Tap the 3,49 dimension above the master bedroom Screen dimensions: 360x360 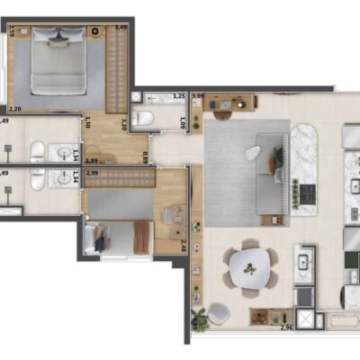[x=121, y=28]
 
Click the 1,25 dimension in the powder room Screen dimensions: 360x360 [x=178, y=95]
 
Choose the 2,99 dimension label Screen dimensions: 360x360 [x=92, y=172]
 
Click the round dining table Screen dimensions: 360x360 [x=247, y=264]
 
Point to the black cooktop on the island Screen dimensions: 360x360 [x=308, y=193]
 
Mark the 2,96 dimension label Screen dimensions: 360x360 [x=287, y=328]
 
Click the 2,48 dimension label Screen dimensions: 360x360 [x=184, y=243]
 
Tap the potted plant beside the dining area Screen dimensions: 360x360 [x=200, y=316]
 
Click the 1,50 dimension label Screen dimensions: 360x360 [x=87, y=125]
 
